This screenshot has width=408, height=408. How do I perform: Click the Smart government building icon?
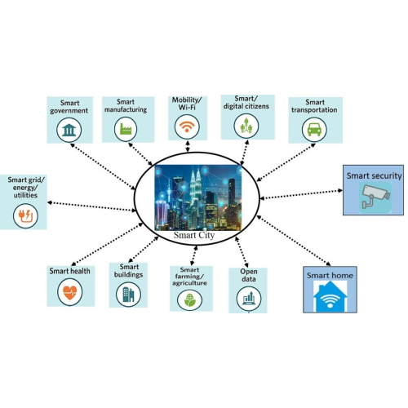click(x=68, y=131)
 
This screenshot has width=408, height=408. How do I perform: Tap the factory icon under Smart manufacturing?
click(x=126, y=129)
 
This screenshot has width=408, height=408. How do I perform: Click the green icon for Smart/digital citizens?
click(x=246, y=126)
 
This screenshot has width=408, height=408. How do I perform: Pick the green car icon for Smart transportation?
click(x=313, y=129)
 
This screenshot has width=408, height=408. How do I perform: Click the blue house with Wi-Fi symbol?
click(x=330, y=298)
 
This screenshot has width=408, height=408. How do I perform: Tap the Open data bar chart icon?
click(x=247, y=299)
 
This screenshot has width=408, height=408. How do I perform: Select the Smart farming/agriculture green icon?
click(x=191, y=299)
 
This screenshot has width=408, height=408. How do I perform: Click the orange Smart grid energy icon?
click(x=24, y=215)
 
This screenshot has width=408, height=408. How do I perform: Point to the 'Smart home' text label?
click(x=330, y=276)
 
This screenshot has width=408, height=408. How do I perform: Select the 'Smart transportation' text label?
click(x=315, y=108)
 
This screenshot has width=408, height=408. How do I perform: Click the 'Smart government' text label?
click(x=69, y=105)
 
